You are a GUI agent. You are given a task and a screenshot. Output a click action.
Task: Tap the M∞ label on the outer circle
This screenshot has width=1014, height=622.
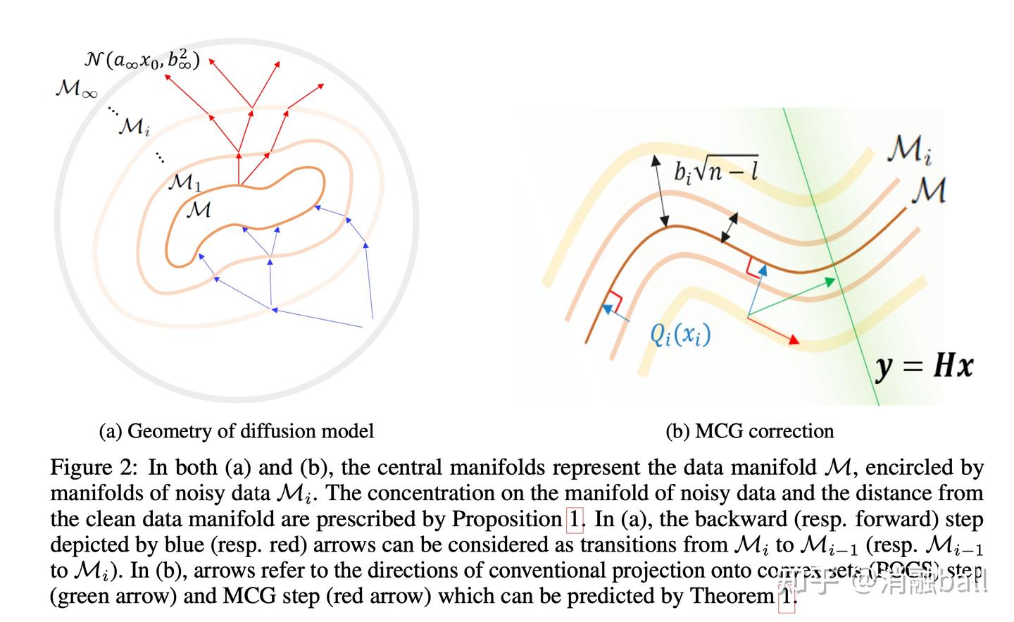point(76,90)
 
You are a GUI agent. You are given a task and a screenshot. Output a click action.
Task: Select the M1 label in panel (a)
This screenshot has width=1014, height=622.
point(185,183)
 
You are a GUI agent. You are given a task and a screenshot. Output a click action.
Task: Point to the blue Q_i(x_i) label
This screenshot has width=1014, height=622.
point(680,333)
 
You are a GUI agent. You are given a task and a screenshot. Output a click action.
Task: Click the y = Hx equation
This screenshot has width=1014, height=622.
point(924,366)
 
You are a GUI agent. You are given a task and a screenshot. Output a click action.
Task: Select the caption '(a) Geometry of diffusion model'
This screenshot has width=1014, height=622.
point(237,430)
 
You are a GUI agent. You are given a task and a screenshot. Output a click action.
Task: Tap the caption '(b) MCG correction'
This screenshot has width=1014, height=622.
point(749,430)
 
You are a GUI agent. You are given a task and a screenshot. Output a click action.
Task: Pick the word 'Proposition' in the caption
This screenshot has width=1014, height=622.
point(506,519)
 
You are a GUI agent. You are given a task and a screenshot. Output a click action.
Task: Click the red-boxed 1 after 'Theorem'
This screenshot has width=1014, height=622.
point(786,597)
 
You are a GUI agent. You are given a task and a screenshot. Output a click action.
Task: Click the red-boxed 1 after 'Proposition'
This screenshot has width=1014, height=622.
point(575,519)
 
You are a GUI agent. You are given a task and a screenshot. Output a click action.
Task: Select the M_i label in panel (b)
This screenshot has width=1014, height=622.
point(909,149)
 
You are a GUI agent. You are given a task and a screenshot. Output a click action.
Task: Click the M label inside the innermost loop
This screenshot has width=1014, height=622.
point(198,210)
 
